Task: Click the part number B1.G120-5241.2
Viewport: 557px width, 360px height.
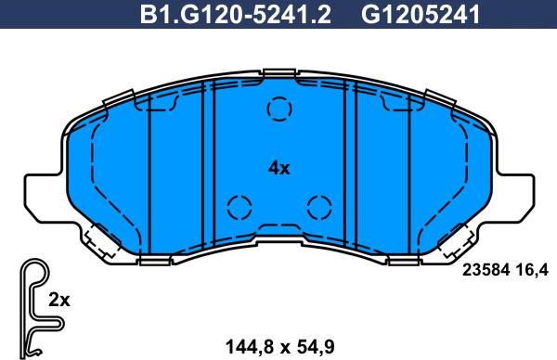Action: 235,15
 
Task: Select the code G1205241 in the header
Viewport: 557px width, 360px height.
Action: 421,15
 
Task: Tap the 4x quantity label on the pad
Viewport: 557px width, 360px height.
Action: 278,168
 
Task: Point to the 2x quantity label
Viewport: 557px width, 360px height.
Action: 59,301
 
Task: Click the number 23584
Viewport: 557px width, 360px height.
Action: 486,271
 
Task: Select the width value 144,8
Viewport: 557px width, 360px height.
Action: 250,347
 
